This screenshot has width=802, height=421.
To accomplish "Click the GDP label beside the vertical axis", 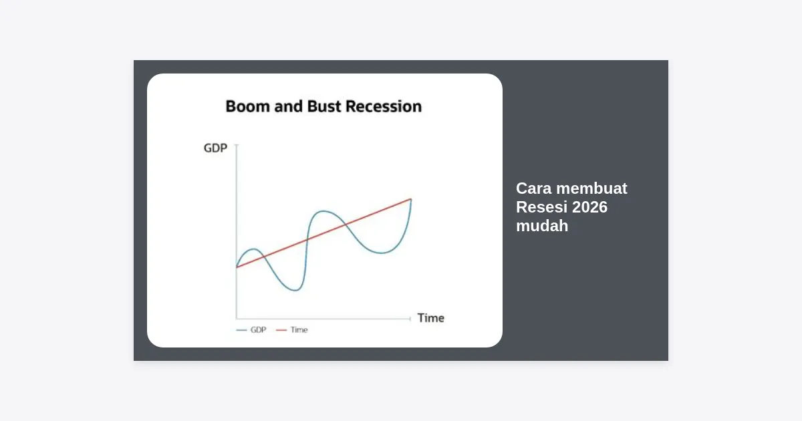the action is (x=215, y=148).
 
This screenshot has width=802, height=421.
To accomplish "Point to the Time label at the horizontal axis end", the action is (x=430, y=318).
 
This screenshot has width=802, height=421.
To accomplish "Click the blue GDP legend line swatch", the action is (x=242, y=330).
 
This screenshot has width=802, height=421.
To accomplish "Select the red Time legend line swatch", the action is (x=281, y=330).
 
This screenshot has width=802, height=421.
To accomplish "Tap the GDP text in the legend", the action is (x=258, y=329).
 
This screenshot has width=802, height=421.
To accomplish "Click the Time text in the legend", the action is (x=299, y=329).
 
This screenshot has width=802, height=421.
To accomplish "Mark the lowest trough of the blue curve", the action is (x=295, y=290).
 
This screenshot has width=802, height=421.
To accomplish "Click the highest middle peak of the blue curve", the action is (x=323, y=211).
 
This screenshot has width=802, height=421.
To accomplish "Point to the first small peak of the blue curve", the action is (x=253, y=249).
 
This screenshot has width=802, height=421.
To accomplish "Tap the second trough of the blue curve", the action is (x=382, y=253).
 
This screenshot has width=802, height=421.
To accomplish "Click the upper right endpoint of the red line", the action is (x=411, y=199).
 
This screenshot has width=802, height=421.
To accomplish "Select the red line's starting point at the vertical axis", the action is (x=237, y=267).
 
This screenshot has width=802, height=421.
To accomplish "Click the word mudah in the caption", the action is (x=542, y=226).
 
